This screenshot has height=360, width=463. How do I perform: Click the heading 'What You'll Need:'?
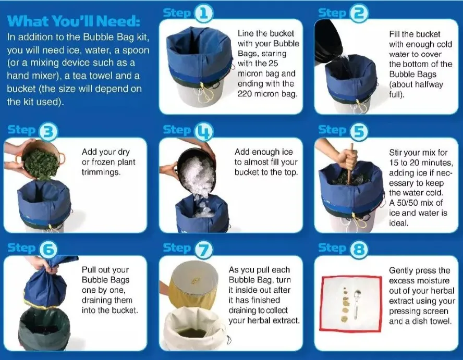click(74, 21)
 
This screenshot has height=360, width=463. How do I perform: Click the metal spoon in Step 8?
click(357, 304)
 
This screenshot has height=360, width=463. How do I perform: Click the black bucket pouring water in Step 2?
click(329, 41)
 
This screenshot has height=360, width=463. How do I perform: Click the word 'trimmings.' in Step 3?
click(101, 172)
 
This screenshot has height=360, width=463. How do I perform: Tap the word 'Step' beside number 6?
click(21, 247)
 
